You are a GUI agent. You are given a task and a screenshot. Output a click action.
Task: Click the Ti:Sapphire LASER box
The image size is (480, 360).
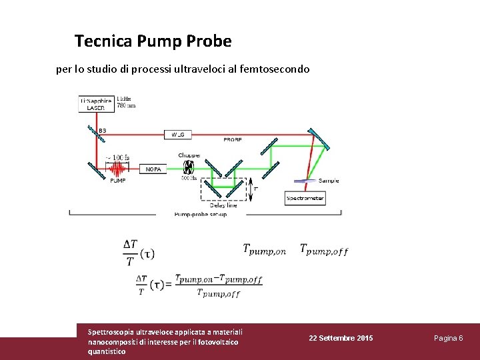pyautogui.click(x=96, y=104)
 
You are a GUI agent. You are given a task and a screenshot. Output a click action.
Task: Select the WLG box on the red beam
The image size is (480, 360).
pyautogui.click(x=178, y=134)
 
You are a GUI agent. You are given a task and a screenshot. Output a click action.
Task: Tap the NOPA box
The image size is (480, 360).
pyautogui.click(x=153, y=169)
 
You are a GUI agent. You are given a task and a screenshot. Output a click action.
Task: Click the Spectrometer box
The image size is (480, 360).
pyautogui.click(x=305, y=198)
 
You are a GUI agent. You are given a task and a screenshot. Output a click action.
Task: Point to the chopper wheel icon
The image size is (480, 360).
pyautogui.click(x=189, y=167)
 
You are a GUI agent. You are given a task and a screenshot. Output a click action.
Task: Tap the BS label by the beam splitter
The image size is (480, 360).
pyautogui.click(x=102, y=131)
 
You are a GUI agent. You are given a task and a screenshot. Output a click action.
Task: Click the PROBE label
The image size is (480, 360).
pyautogui.click(x=233, y=140)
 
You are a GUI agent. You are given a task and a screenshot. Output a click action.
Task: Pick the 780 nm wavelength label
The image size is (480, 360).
pyautogui.click(x=127, y=105)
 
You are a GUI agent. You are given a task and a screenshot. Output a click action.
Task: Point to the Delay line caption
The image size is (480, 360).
pyautogui.click(x=223, y=206)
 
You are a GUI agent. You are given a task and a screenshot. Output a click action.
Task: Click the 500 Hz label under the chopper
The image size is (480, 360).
pyautogui.click(x=189, y=178)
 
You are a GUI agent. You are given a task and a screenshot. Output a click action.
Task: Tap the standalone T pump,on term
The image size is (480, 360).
pyautogui.click(x=264, y=249)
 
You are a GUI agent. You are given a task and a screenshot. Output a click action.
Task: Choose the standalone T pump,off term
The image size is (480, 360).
pyautogui.click(x=323, y=249)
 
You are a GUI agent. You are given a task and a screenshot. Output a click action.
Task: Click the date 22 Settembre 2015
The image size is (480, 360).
pyautogui.click(x=341, y=339)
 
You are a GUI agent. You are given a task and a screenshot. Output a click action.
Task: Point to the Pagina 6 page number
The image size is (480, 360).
pyautogui.click(x=448, y=339)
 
